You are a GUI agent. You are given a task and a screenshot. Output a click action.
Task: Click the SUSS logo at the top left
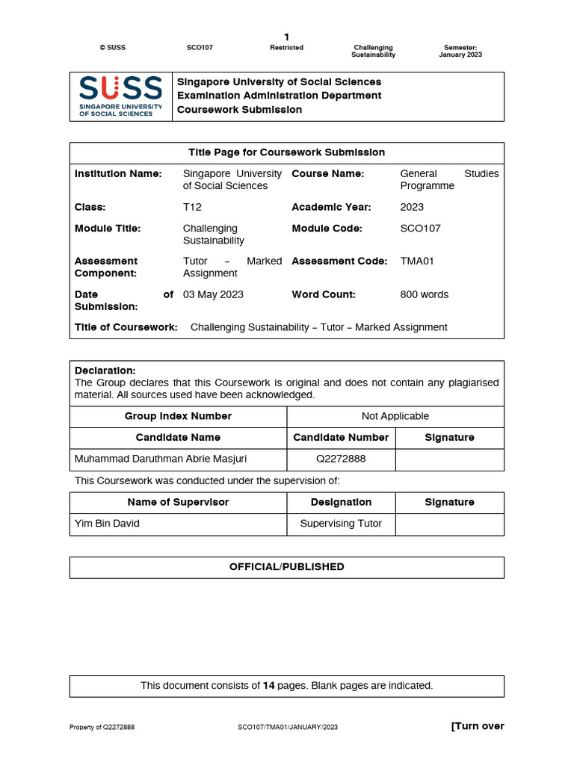(x=121, y=96)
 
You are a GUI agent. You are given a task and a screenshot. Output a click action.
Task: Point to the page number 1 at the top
(x=286, y=37)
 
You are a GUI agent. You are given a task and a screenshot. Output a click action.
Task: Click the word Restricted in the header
(x=286, y=48)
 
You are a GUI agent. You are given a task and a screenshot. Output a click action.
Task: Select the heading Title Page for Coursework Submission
(x=286, y=152)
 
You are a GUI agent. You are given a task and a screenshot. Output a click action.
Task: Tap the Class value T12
(x=192, y=207)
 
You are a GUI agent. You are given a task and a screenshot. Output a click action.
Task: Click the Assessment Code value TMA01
(x=417, y=261)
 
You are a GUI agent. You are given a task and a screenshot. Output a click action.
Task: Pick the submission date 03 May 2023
(x=213, y=294)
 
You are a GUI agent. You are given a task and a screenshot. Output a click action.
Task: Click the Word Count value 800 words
(x=425, y=294)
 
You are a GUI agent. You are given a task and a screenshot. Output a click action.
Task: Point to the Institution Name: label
(x=118, y=174)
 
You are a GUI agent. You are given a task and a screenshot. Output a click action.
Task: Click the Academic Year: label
(x=331, y=207)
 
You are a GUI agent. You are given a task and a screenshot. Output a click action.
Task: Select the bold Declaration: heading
(x=105, y=371)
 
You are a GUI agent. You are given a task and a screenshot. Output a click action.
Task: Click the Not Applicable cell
(x=395, y=416)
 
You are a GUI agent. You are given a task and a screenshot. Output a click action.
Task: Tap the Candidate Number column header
(x=341, y=438)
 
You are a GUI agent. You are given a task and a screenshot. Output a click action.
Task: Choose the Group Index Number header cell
(x=178, y=416)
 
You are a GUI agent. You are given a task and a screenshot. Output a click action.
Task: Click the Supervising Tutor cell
(x=341, y=524)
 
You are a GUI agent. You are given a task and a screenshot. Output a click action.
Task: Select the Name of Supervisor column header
(x=178, y=502)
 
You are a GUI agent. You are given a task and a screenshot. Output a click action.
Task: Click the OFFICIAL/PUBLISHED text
(x=286, y=567)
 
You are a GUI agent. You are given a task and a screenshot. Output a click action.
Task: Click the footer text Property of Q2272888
(x=102, y=727)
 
